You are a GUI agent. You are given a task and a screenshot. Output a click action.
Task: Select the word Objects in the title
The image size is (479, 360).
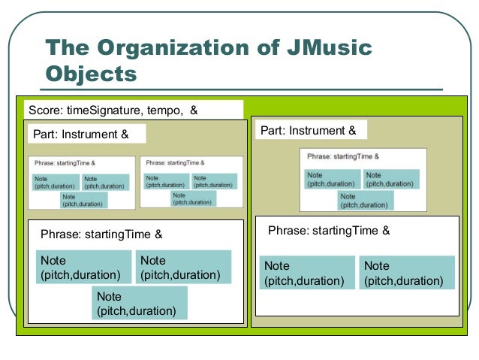91,74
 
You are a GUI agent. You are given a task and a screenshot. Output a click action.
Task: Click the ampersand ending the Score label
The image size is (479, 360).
194,110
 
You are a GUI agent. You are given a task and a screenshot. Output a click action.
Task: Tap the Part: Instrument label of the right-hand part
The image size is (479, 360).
308,131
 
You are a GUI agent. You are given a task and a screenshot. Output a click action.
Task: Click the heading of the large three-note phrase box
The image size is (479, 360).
101,234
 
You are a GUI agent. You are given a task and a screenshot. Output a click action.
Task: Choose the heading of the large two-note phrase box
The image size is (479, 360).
329,231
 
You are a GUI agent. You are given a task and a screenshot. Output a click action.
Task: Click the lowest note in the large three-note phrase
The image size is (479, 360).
140,303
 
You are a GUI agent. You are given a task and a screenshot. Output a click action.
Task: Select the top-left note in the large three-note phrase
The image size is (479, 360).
81,267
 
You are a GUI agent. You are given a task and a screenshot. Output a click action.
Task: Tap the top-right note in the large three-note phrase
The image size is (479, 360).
182,267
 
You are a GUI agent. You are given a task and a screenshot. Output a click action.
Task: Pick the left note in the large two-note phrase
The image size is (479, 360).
307,273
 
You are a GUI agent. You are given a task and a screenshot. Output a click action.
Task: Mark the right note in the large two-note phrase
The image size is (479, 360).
407,273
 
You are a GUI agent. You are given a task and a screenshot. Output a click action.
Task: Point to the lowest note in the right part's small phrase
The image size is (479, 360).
366,201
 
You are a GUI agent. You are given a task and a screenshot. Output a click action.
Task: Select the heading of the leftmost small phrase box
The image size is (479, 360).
64,162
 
